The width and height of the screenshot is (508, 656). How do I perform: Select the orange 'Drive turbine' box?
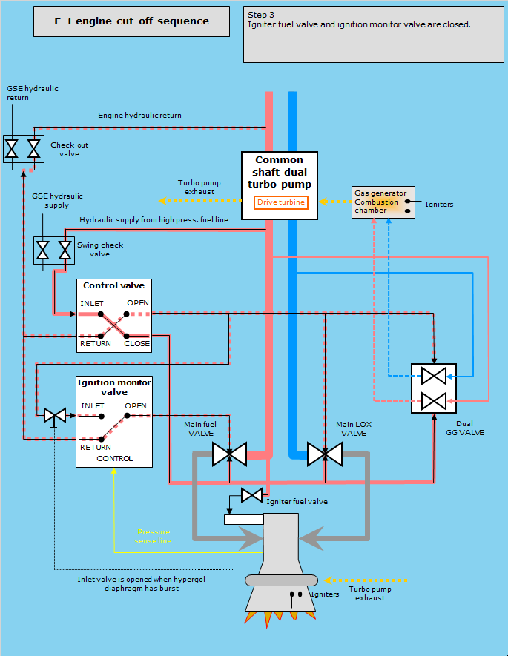[x=280, y=202]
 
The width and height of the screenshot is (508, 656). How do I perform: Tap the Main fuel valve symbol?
[x=229, y=454]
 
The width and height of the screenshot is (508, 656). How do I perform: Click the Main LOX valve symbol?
[x=325, y=454]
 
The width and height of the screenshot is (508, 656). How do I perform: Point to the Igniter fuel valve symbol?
[x=251, y=494]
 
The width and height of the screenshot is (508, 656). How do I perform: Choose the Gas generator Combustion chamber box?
[x=383, y=202]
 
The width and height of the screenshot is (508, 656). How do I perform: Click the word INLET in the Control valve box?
[x=92, y=303]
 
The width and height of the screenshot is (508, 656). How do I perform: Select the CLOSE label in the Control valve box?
[x=137, y=343]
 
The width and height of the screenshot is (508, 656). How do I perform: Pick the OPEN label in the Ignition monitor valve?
[x=136, y=406]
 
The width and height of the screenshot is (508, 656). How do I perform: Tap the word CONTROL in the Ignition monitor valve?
[x=114, y=458]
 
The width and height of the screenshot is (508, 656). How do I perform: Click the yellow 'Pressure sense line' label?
[x=154, y=537]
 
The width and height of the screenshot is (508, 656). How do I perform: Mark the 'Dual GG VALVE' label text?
[x=464, y=428]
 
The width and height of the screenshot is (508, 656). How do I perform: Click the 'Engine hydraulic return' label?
[x=139, y=116]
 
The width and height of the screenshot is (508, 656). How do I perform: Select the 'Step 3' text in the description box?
[x=261, y=15]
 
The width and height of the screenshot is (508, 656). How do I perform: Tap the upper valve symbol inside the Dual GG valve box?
[x=432, y=376]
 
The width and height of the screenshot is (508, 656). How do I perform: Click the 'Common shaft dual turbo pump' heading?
[x=280, y=171]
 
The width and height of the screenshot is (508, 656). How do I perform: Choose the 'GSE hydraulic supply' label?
[x=58, y=200]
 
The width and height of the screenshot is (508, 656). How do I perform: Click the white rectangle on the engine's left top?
[x=243, y=519]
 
